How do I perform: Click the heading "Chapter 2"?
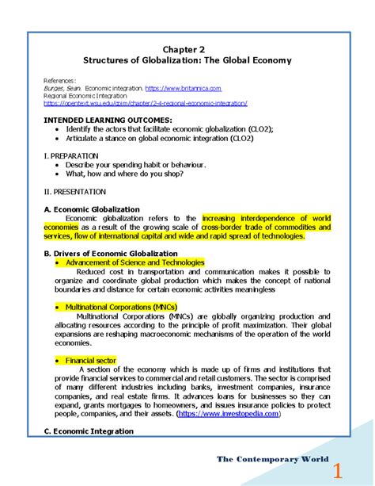pyautogui.click(x=188, y=48)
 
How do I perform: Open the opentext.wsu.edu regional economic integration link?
pyautogui.click(x=146, y=103)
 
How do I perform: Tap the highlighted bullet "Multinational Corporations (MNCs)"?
pyautogui.click(x=121, y=306)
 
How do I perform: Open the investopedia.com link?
pyautogui.click(x=228, y=413)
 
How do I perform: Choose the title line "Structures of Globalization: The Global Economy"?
pyautogui.click(x=188, y=60)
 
